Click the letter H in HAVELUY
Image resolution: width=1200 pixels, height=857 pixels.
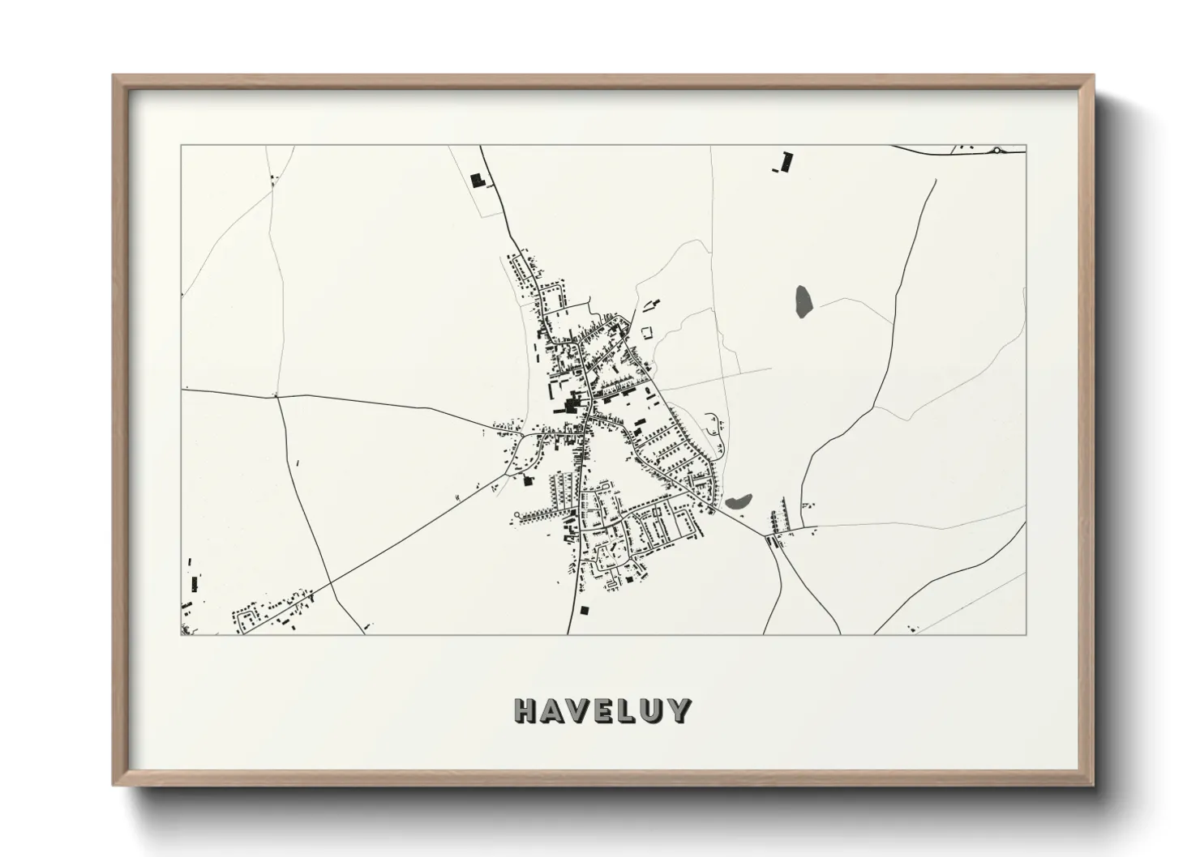pyautogui.click(x=527, y=711)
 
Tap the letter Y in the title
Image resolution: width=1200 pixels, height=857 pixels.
pyautogui.click(x=679, y=711)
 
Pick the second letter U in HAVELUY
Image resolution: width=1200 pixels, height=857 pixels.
pyautogui.click(x=653, y=711)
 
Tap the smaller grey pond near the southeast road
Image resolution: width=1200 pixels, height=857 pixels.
pyautogui.click(x=739, y=502)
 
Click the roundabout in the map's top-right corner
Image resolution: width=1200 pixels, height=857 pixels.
pyautogui.click(x=996, y=150)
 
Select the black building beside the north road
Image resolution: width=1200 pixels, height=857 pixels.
pyautogui.click(x=477, y=179)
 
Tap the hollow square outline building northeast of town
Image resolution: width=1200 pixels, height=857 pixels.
pyautogui.click(x=646, y=332)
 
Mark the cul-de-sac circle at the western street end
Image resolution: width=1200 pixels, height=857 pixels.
pyautogui.click(x=516, y=515)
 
